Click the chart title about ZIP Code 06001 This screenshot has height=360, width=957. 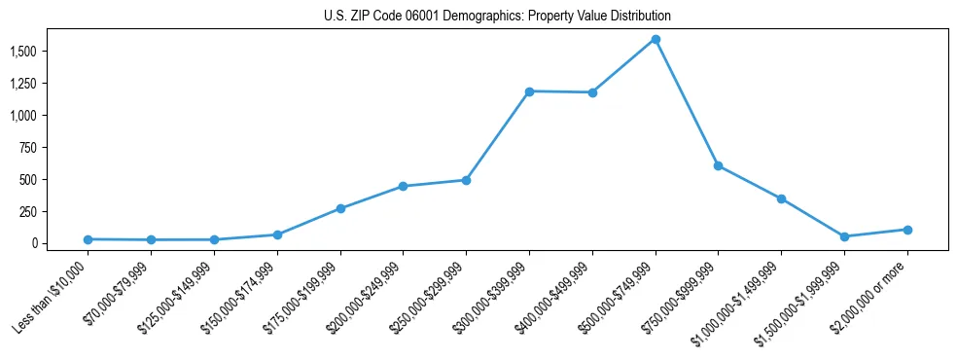click(497, 17)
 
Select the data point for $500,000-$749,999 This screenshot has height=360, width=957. click(656, 40)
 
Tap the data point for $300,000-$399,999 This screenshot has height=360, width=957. click(529, 91)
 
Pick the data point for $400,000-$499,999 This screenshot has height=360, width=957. click(592, 92)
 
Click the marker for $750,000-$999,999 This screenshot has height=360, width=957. click(718, 165)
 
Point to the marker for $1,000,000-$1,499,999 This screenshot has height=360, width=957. click(781, 198)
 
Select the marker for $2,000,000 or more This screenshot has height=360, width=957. click(907, 230)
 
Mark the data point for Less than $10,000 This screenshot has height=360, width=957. click(88, 239)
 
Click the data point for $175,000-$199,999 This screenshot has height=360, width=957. click(340, 208)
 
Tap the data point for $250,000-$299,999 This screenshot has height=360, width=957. click(466, 180)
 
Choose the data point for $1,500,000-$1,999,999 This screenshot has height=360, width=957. click(844, 236)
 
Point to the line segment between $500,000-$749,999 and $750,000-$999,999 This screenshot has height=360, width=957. click(687, 102)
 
